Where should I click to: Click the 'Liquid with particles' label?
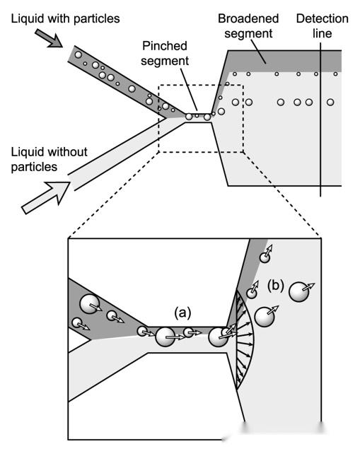click(65, 19)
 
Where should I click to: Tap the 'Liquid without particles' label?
click(49, 159)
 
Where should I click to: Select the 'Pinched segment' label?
click(165, 53)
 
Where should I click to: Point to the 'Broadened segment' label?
click(248, 26)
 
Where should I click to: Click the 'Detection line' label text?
click(323, 26)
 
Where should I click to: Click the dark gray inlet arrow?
click(48, 38)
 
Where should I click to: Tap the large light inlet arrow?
click(46, 198)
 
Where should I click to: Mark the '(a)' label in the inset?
click(182, 313)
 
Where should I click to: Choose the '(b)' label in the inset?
click(276, 286)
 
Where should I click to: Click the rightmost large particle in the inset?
click(299, 292)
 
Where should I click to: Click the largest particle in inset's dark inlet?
click(90, 303)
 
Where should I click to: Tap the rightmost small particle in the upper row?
click(335, 74)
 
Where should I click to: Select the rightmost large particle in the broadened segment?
click(330, 102)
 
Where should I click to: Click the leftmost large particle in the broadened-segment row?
click(235, 102)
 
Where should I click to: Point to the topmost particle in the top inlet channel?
click(79, 54)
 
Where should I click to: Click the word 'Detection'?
click(323, 19)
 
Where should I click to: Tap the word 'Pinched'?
click(165, 46)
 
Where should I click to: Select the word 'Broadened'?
click(248, 19)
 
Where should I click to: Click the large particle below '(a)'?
click(166, 337)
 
